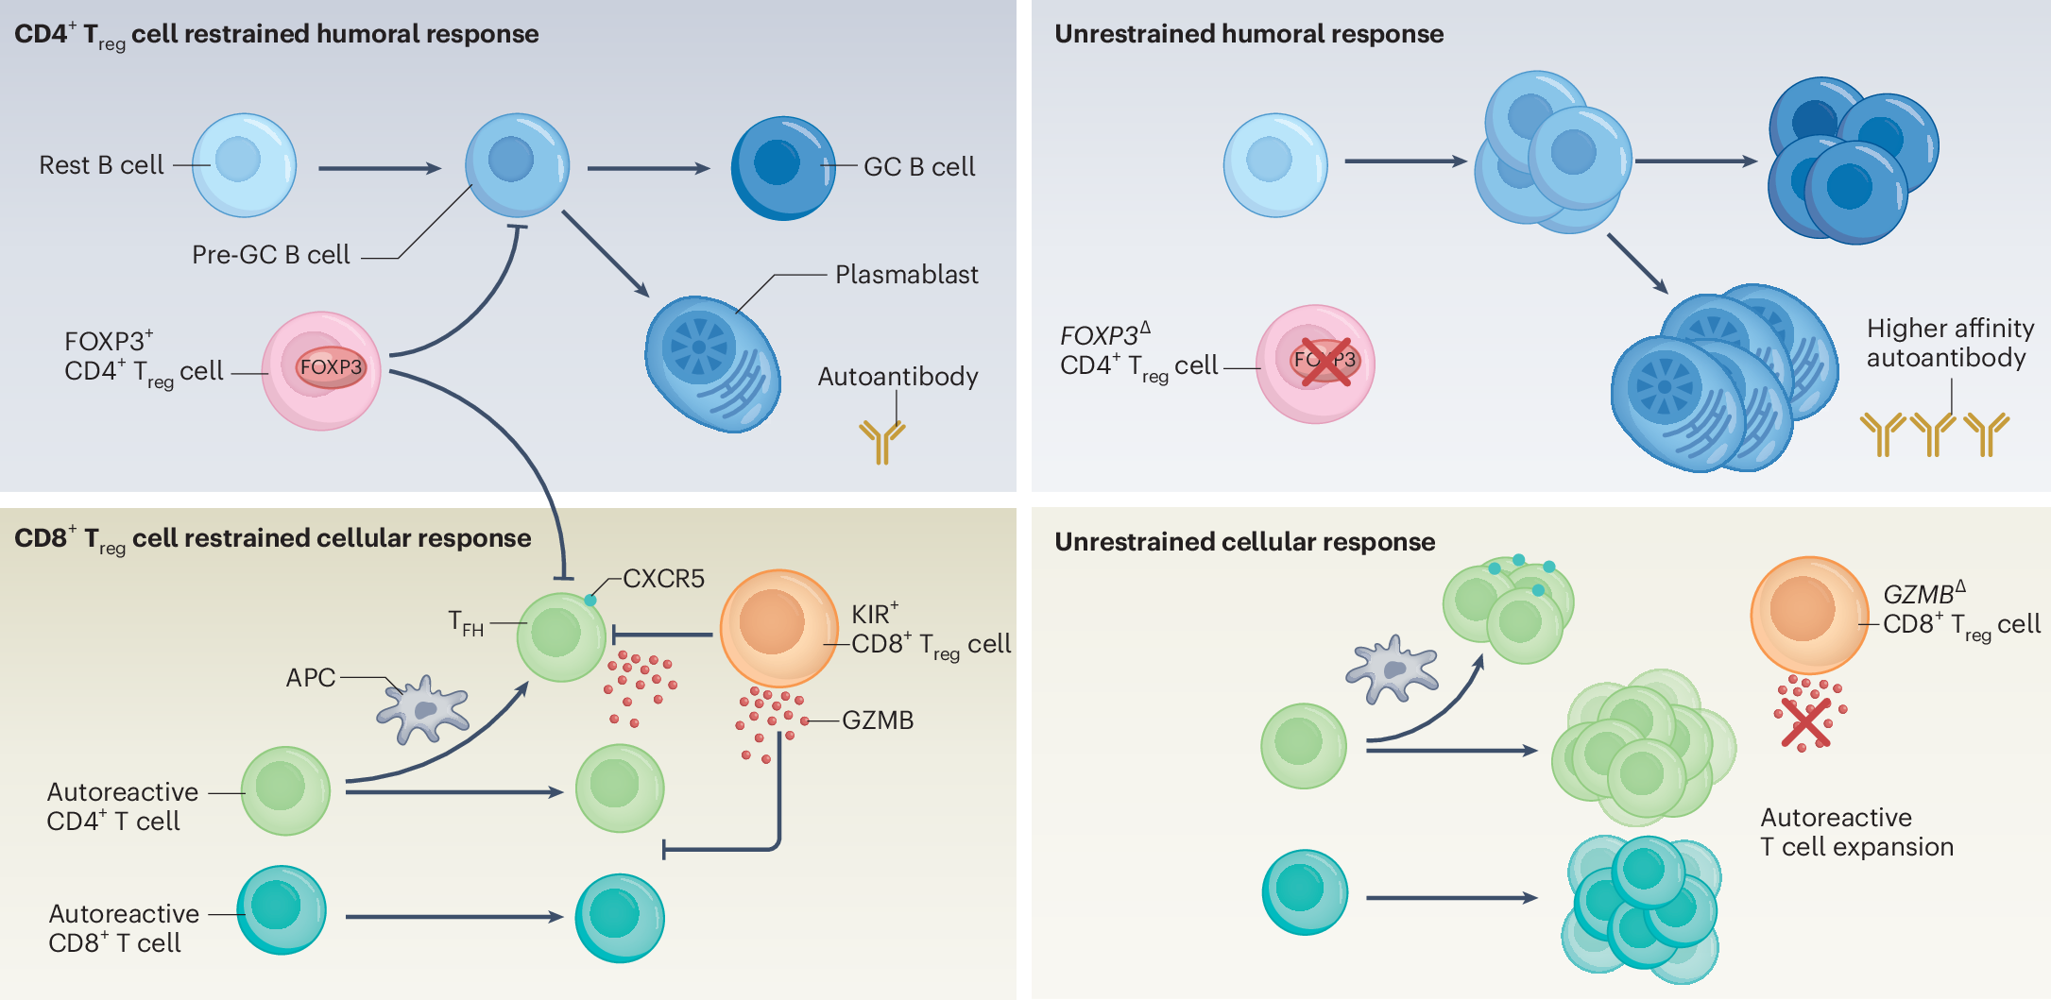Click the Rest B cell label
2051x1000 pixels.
(x=101, y=165)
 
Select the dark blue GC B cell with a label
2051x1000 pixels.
(x=783, y=168)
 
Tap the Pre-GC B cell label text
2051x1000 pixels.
(x=270, y=255)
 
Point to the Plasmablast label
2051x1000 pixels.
(x=906, y=275)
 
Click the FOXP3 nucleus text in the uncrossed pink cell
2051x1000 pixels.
(x=331, y=367)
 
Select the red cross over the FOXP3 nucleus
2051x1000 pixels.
(x=1325, y=362)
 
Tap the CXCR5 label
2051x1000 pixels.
(x=663, y=579)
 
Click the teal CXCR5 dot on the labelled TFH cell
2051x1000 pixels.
(x=590, y=601)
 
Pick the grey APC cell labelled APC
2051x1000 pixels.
(x=423, y=709)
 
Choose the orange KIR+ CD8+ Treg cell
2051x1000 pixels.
(x=778, y=628)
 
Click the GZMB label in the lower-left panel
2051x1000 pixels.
(x=878, y=720)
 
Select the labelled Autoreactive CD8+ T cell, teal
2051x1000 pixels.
(x=282, y=910)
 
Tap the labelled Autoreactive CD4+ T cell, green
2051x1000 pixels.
(x=285, y=791)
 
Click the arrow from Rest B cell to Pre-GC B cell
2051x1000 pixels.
(x=380, y=168)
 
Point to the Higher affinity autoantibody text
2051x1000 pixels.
(x=1950, y=343)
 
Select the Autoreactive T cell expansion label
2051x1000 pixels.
(x=1856, y=832)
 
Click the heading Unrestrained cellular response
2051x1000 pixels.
(x=1244, y=542)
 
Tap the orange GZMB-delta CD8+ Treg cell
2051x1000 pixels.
(x=1809, y=615)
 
